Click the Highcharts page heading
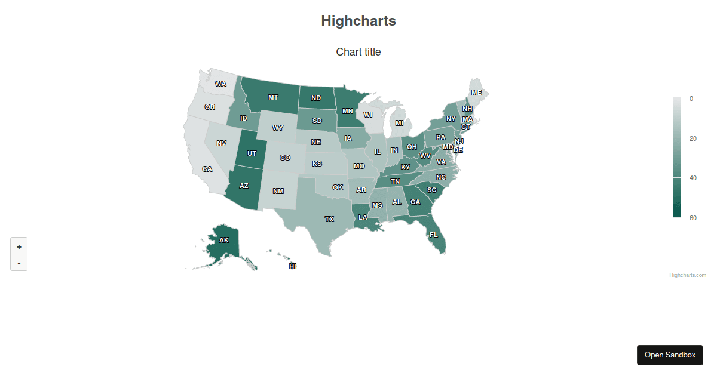[x=358, y=21]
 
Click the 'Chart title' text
[x=358, y=52]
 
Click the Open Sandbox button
[x=670, y=355]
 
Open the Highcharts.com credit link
[x=688, y=275]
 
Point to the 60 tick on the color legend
[x=693, y=218]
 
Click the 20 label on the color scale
[x=693, y=138]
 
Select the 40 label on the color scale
[x=693, y=178]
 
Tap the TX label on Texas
[x=329, y=219]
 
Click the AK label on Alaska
[x=223, y=240]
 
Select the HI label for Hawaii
[x=293, y=266]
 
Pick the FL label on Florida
[x=433, y=235]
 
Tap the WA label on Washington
[x=220, y=84]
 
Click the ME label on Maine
[x=476, y=93]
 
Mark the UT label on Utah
[x=252, y=153]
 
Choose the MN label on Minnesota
[x=348, y=110]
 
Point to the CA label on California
[x=207, y=169]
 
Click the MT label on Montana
[x=273, y=97]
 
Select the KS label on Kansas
[x=317, y=164]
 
